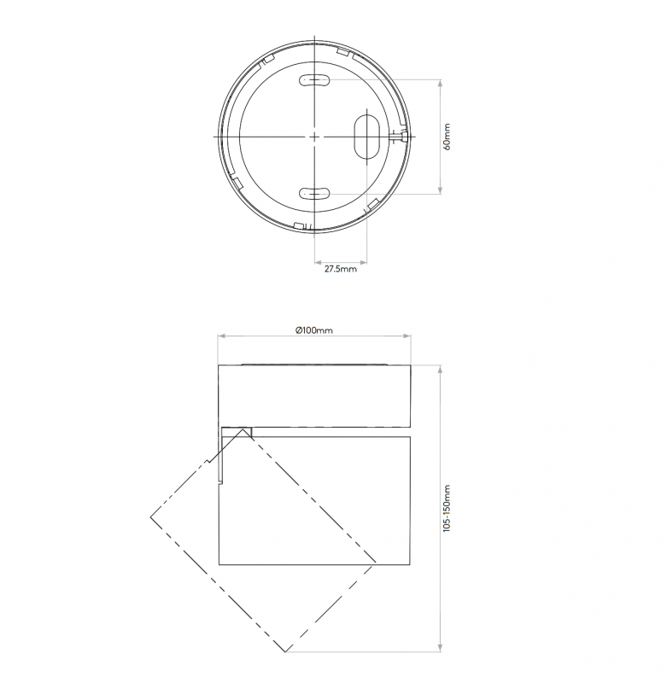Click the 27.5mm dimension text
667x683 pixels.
coord(340,270)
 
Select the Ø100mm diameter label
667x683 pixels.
coord(313,330)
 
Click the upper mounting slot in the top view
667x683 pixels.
coord(313,81)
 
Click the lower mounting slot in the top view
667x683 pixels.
coord(313,194)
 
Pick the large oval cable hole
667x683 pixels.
coord(366,136)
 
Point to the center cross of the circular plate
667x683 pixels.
coord(314,137)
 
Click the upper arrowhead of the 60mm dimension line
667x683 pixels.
coord(439,83)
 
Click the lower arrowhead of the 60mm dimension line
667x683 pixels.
coord(439,191)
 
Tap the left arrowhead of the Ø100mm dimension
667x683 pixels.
coord(220,336)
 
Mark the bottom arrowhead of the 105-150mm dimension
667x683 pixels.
coord(439,651)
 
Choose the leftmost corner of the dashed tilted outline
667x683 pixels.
coord(150,518)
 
